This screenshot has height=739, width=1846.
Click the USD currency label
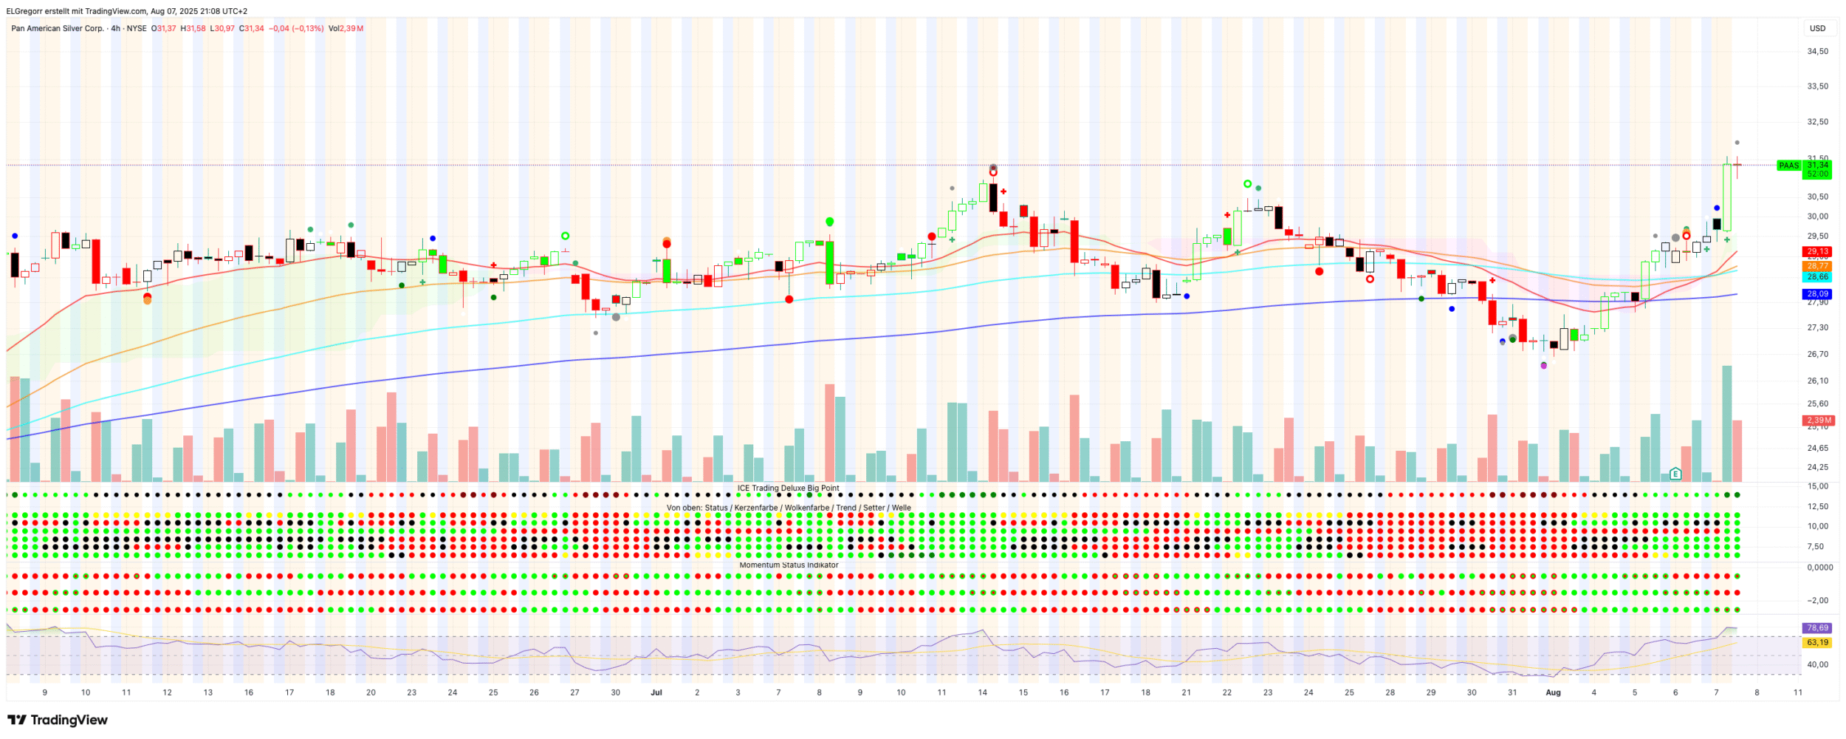tap(1817, 28)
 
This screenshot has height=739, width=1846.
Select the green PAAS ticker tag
tap(1788, 166)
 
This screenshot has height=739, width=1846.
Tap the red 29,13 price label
tap(1817, 252)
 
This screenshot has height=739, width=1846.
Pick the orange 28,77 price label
tap(1817, 266)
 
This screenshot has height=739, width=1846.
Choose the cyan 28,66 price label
tap(1817, 277)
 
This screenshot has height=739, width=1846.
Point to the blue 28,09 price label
tap(1817, 294)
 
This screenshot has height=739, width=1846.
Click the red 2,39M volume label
tap(1817, 420)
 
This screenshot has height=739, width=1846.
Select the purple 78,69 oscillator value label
tap(1817, 628)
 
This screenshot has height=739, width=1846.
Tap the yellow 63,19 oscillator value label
tap(1817, 643)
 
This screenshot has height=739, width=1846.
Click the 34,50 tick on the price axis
tap(1817, 51)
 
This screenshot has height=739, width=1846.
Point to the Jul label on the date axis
tap(656, 693)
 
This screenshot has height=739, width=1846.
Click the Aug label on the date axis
tap(1553, 693)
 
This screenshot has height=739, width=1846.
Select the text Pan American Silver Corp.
tap(58, 29)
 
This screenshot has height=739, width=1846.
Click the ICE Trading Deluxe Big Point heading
tap(788, 488)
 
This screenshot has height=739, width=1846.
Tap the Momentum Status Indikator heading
tap(789, 565)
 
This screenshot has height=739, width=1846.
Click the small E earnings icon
tap(1675, 474)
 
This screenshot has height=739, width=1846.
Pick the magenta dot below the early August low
tap(1543, 366)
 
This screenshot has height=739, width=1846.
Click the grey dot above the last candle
tap(1737, 143)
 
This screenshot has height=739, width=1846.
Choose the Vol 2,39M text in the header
tap(346, 29)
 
